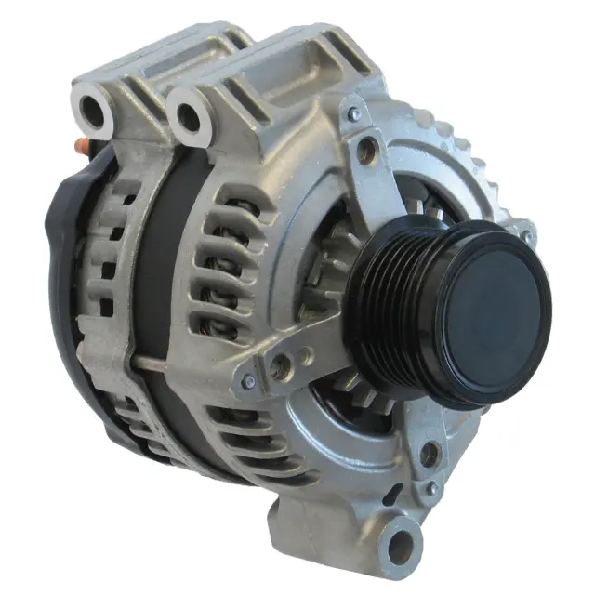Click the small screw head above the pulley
(x=354, y=114)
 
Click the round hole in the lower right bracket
(x=429, y=455)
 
